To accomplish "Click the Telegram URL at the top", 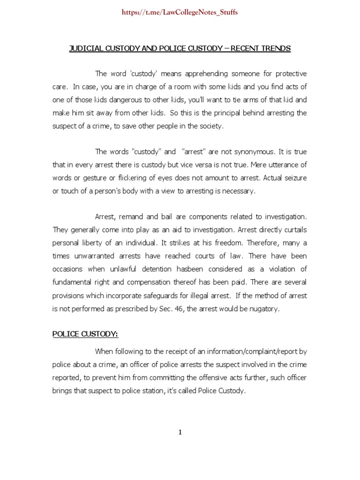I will coord(180,12).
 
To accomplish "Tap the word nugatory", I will coord(265,308).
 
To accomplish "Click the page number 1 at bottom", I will coord(180,433).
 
